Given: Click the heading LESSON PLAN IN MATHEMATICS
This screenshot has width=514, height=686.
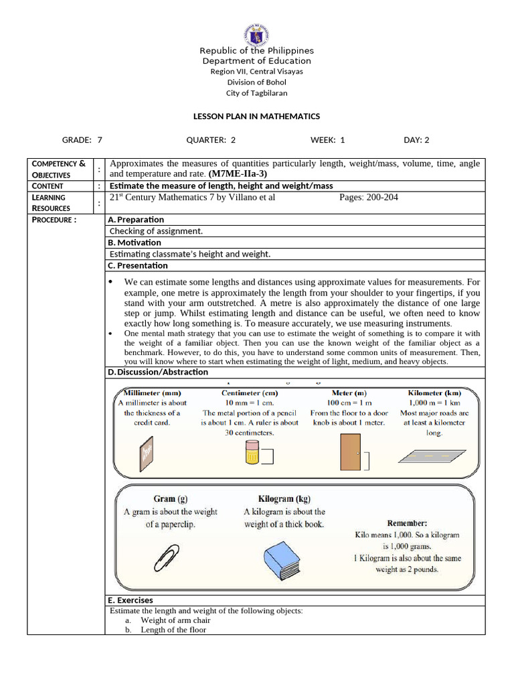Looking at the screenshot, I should point(256,117).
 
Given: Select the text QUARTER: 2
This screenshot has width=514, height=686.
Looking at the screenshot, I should point(211,140).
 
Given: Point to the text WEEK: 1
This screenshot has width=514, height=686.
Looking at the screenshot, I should point(328,140).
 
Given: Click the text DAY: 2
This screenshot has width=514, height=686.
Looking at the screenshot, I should point(416,140).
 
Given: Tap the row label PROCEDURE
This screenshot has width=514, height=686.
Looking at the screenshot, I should point(54,220).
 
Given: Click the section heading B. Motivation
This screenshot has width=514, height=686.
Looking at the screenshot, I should point(135,243).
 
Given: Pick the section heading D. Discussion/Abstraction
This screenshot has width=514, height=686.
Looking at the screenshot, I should point(158,372).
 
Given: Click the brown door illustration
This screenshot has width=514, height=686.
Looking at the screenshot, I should point(349,452).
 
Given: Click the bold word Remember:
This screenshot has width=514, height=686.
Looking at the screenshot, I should point(407,523).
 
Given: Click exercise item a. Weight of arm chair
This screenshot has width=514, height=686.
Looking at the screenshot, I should point(165,620).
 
